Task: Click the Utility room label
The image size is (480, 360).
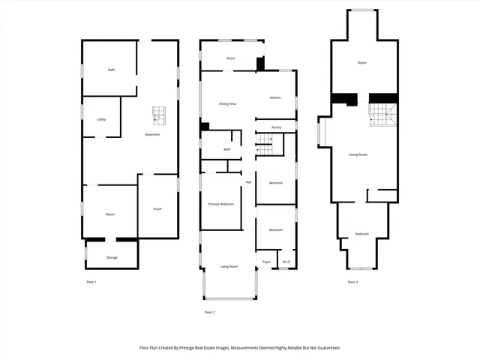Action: click(101, 119)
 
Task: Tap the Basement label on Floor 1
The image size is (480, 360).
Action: click(152, 135)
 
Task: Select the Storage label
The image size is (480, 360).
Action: click(112, 258)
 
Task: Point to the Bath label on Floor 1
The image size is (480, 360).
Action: click(112, 70)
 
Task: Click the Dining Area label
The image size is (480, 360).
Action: click(227, 103)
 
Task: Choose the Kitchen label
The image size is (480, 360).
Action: click(275, 98)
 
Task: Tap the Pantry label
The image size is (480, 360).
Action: click(276, 127)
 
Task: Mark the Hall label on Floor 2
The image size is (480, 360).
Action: click(248, 182)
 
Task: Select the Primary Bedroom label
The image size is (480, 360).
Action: click(220, 204)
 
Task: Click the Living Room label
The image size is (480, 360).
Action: click(229, 266)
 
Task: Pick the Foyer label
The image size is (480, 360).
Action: click(265, 262)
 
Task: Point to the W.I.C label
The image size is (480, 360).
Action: click(286, 262)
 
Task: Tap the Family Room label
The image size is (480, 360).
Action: click(358, 154)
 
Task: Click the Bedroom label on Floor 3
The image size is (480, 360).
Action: click(362, 234)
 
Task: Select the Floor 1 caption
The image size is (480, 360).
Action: click(91, 282)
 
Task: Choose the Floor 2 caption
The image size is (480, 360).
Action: click(210, 311)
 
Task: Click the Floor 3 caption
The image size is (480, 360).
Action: click(352, 282)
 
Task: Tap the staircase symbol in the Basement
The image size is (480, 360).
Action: click(158, 115)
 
